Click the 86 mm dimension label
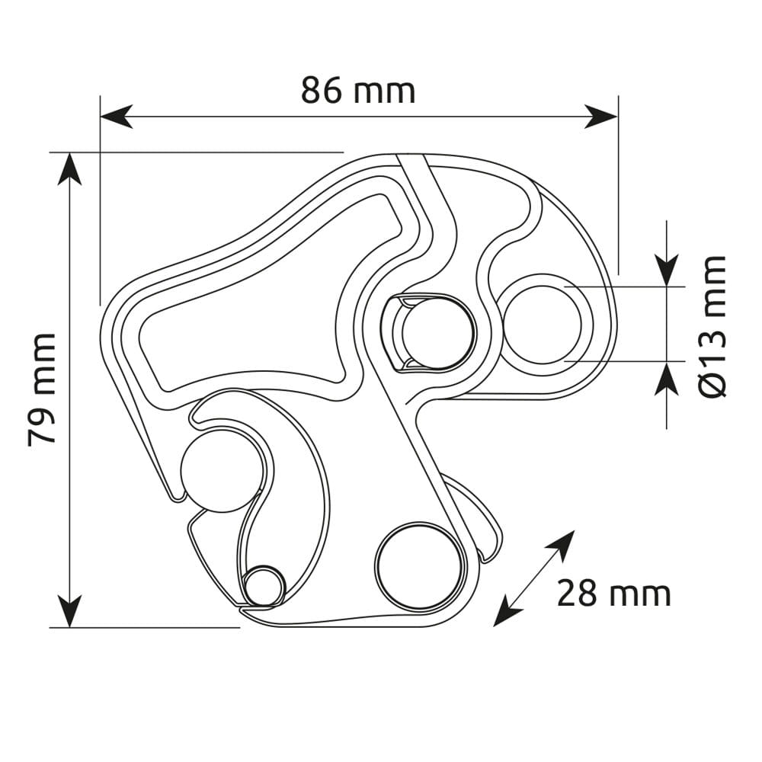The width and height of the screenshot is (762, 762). [358, 91]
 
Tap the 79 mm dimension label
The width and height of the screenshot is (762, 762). [42, 389]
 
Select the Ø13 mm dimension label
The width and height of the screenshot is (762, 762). [712, 326]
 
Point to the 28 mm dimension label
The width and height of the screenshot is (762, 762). [613, 594]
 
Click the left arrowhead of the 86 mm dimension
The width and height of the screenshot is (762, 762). [116, 117]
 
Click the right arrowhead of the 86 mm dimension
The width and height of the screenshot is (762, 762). [601, 117]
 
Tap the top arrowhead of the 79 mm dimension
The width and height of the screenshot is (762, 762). [70, 168]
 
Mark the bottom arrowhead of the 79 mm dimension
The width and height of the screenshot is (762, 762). [70, 611]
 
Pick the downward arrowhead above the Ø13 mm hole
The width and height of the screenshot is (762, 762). [666, 271]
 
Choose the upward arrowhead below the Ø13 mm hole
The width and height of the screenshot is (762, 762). [666, 378]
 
